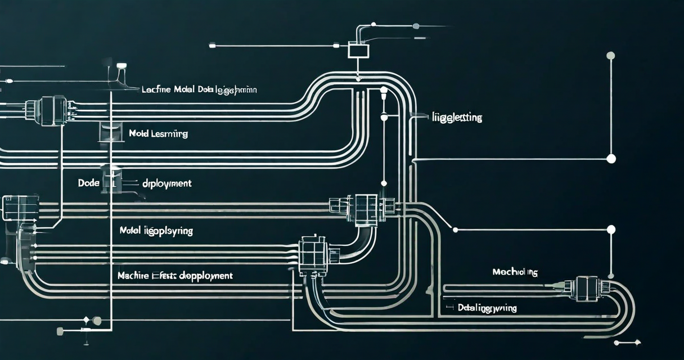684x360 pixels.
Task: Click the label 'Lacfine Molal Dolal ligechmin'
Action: click(199, 89)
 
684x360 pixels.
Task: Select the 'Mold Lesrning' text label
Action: click(158, 134)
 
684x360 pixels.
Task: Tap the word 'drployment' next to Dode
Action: click(166, 183)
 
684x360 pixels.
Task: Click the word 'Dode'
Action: click(88, 183)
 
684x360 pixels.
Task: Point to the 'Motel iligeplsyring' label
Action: click(156, 231)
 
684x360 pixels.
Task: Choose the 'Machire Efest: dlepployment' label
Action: click(175, 276)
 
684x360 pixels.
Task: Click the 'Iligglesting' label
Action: click(457, 118)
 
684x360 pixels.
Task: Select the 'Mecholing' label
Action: click(515, 272)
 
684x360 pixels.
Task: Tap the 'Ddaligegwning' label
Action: click(487, 308)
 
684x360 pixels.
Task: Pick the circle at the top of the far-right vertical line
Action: click(610, 55)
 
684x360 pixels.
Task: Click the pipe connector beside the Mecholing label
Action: click(585, 287)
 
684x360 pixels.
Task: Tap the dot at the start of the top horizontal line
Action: click(213, 45)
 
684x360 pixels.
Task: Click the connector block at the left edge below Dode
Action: click(21, 207)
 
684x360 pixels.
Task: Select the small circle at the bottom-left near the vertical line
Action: click(97, 321)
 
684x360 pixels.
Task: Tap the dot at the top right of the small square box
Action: click(416, 26)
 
